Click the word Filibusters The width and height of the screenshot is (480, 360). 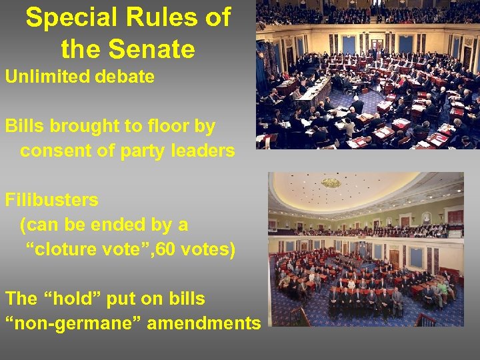[51, 199]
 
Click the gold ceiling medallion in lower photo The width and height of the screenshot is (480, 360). [331, 182]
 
